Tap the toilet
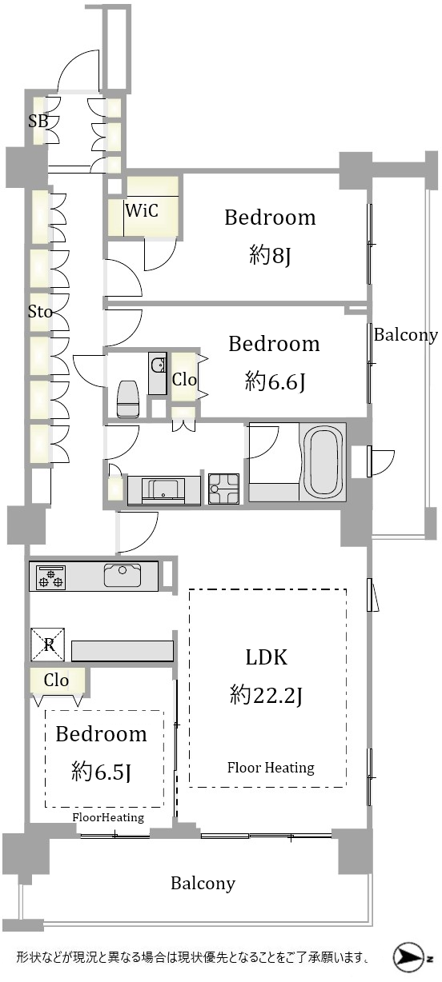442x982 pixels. (x=128, y=398)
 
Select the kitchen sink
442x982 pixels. (x=123, y=575)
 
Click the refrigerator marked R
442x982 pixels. (x=48, y=645)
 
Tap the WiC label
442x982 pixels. (x=142, y=210)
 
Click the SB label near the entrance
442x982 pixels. (x=38, y=121)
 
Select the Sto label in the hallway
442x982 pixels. (x=40, y=312)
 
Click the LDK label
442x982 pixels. (x=267, y=657)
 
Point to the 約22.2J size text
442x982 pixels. (x=267, y=695)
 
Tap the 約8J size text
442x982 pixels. (x=270, y=255)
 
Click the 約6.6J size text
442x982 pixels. (x=275, y=381)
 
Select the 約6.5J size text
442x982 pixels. (x=101, y=772)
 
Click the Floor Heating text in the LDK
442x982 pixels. (x=271, y=768)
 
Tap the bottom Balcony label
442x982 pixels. (x=203, y=883)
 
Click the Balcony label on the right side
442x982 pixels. (x=406, y=335)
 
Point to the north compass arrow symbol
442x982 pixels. (x=406, y=958)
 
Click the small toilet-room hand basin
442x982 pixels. (x=158, y=364)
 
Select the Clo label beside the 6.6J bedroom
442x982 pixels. (x=184, y=380)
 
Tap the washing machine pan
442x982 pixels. (x=224, y=489)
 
